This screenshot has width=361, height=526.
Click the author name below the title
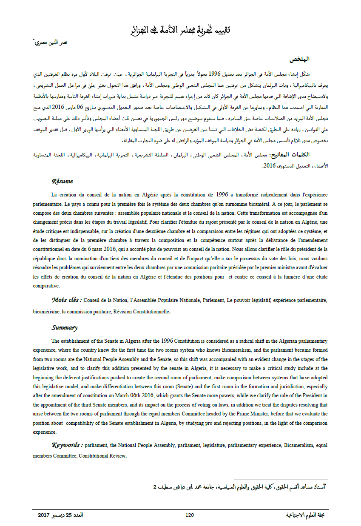(x=50, y=43)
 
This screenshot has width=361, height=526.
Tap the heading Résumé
(x=62, y=181)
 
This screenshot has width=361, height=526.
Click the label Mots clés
(x=67, y=300)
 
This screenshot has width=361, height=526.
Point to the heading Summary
(x=64, y=328)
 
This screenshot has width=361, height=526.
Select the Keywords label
(x=67, y=445)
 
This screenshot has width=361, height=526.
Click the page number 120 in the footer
(x=190, y=515)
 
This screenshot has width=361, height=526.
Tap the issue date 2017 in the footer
(x=44, y=515)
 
